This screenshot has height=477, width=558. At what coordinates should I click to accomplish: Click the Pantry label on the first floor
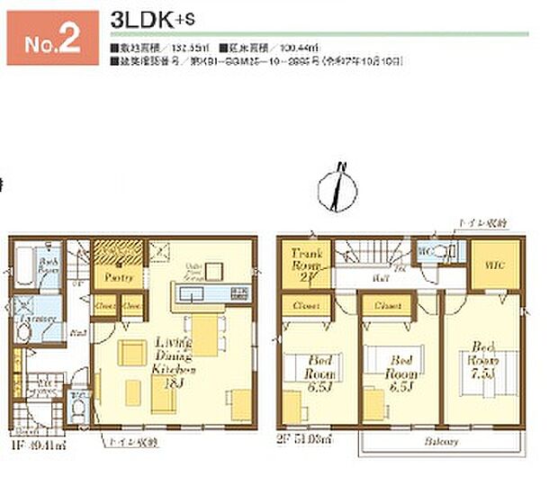(114, 277)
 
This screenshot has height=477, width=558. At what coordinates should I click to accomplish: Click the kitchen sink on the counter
(238, 292)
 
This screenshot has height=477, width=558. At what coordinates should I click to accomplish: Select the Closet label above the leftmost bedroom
(304, 306)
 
